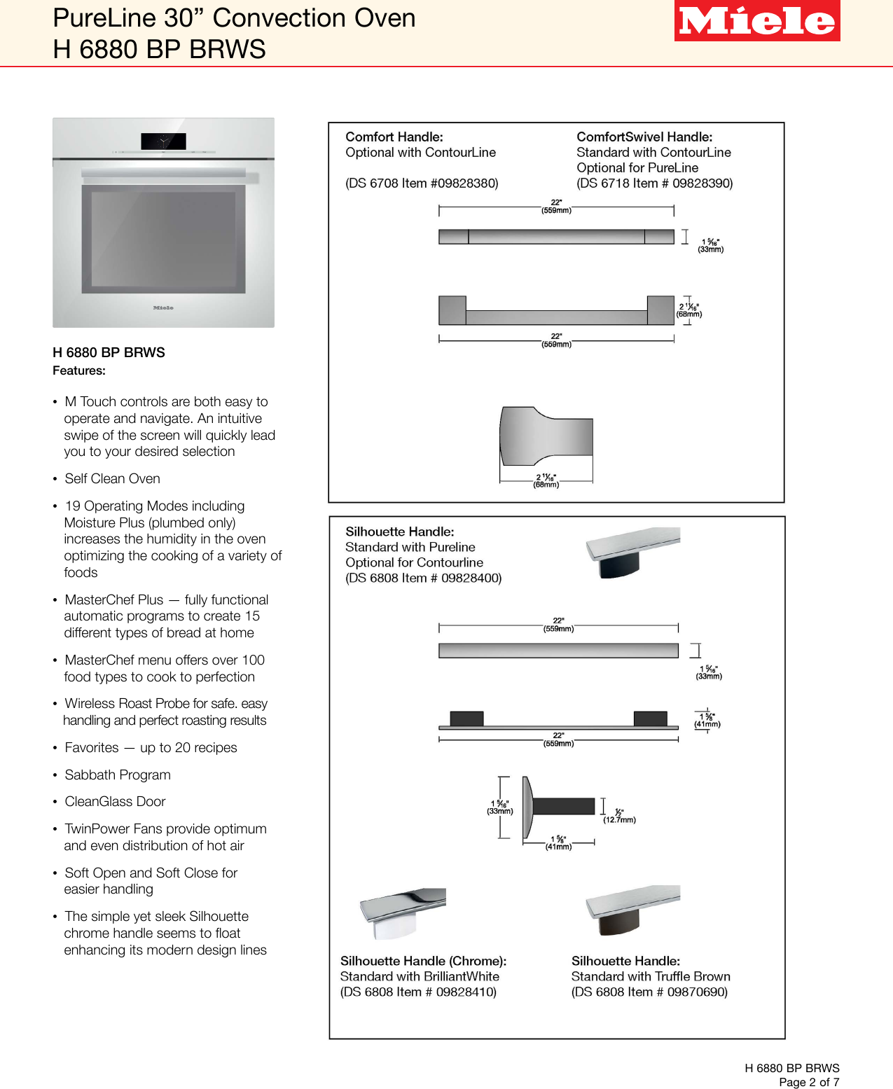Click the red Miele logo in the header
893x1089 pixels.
pos(756,21)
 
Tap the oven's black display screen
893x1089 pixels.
pos(163,141)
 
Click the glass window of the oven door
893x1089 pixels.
pos(163,238)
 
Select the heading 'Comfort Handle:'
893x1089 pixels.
pos(394,137)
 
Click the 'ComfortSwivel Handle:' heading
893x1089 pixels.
pos(644,137)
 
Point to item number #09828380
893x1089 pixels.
pos(464,183)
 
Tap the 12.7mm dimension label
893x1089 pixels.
pos(620,819)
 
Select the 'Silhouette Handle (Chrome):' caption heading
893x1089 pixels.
pos(423,961)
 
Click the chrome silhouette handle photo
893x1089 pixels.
pos(402,913)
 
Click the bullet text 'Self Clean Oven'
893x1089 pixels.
pos(112,479)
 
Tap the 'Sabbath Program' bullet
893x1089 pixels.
pos(118,775)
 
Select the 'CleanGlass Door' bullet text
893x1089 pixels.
pos(115,802)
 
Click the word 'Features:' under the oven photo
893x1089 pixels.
pos(79,371)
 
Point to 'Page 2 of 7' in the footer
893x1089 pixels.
pos(808,1082)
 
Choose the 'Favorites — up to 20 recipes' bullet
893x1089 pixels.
pos(151,748)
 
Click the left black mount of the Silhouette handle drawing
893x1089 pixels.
pos(466,719)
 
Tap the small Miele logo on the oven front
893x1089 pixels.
pos(163,307)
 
